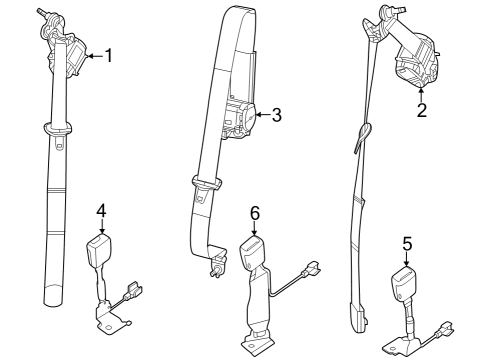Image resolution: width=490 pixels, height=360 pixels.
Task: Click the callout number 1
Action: tap(109, 56)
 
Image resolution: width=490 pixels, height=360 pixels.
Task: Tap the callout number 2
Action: tap(421, 111)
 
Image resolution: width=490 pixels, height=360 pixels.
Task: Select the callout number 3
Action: tap(277, 116)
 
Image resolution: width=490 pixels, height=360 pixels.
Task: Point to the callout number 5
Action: tap(406, 243)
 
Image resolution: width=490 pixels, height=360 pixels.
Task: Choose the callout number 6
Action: tap(255, 212)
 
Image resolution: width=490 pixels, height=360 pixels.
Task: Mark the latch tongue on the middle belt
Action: tap(205, 184)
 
